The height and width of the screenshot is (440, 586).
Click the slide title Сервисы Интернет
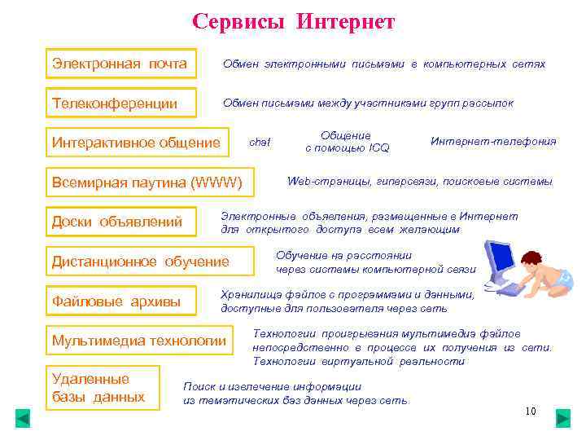(293, 21)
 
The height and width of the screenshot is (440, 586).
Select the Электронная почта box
(120, 64)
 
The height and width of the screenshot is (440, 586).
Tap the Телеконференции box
(120, 103)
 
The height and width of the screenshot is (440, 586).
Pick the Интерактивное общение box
(136, 143)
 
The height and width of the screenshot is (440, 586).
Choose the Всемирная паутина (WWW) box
(147, 182)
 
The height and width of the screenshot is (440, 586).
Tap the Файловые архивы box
(120, 302)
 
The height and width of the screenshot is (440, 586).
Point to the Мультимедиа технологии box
(138, 340)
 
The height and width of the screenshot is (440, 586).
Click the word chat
(260, 142)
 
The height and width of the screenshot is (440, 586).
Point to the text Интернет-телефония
(493, 141)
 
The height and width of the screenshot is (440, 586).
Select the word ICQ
(378, 148)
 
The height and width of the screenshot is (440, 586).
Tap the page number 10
(531, 411)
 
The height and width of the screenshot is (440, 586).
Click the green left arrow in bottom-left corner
(23, 419)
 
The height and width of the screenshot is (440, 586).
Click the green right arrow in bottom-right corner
(562, 419)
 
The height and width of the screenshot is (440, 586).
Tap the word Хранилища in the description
(249, 295)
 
